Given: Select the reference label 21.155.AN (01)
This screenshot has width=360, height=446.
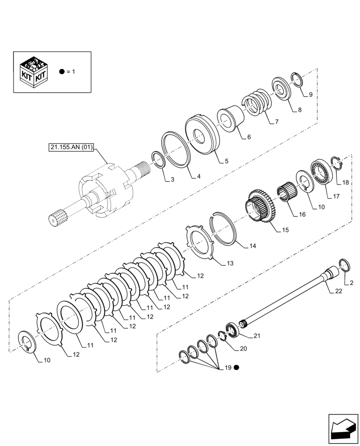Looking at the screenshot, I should pyautogui.click(x=71, y=147).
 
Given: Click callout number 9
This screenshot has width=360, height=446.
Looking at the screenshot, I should pyautogui.click(x=310, y=95).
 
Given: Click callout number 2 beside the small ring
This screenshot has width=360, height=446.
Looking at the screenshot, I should pyautogui.click(x=352, y=283).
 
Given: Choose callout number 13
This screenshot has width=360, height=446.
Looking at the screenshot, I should pyautogui.click(x=230, y=264).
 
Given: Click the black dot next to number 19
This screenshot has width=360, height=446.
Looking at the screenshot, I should pyautogui.click(x=237, y=368).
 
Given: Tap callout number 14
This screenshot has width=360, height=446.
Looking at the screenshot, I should pyautogui.click(x=253, y=245).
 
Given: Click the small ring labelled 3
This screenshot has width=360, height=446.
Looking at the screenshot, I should pyautogui.click(x=158, y=160).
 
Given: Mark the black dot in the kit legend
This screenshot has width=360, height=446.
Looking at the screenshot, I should pyautogui.click(x=62, y=71).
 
